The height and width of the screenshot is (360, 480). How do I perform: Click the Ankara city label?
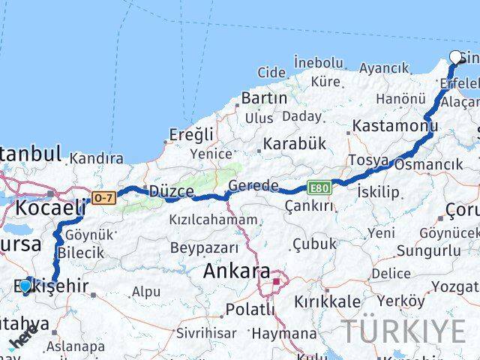pyautogui.click(x=238, y=271)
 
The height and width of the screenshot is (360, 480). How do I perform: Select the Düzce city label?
pyautogui.click(x=172, y=191)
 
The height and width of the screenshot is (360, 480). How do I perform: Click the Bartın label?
pyautogui.click(x=264, y=98)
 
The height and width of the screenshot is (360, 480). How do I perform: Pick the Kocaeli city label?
pyautogui.click(x=50, y=208)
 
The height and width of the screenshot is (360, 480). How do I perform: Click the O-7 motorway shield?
pyautogui.click(x=102, y=198)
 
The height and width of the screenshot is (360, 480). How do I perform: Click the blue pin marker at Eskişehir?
pyautogui.click(x=25, y=286)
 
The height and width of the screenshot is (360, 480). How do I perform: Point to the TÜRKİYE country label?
pyautogui.click(x=403, y=331)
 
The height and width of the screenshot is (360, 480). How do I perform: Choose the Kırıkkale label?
pyautogui.click(x=327, y=301)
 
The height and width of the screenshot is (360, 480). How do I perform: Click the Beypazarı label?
pyautogui.click(x=204, y=247)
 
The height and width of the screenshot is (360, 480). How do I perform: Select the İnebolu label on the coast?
pyautogui.click(x=319, y=61)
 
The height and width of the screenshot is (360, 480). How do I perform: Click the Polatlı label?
pyautogui.click(x=251, y=308)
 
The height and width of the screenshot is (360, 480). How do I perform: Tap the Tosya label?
pyautogui.click(x=368, y=160)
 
